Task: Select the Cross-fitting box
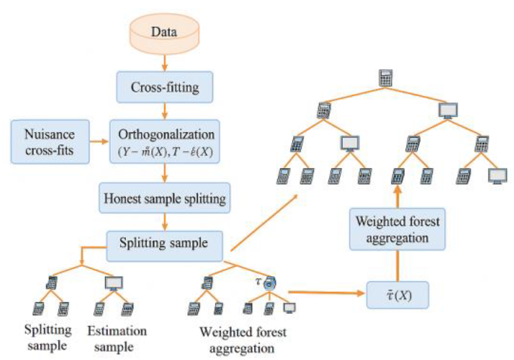(x=165, y=87)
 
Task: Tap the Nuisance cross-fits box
(x=50, y=142)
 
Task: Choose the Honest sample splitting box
(x=165, y=198)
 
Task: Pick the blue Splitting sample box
(x=164, y=246)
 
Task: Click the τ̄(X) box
(x=398, y=296)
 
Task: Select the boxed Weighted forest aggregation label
(x=397, y=229)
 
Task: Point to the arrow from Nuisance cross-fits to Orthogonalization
(x=99, y=141)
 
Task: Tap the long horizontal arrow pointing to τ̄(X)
(x=326, y=293)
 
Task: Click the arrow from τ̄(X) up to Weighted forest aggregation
(x=398, y=266)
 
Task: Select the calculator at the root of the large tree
(x=385, y=78)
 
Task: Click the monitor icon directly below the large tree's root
(x=448, y=111)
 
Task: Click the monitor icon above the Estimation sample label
(x=114, y=283)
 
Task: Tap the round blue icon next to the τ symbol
(x=270, y=283)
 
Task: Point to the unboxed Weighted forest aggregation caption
(x=243, y=340)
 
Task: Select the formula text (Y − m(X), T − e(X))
(x=165, y=152)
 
